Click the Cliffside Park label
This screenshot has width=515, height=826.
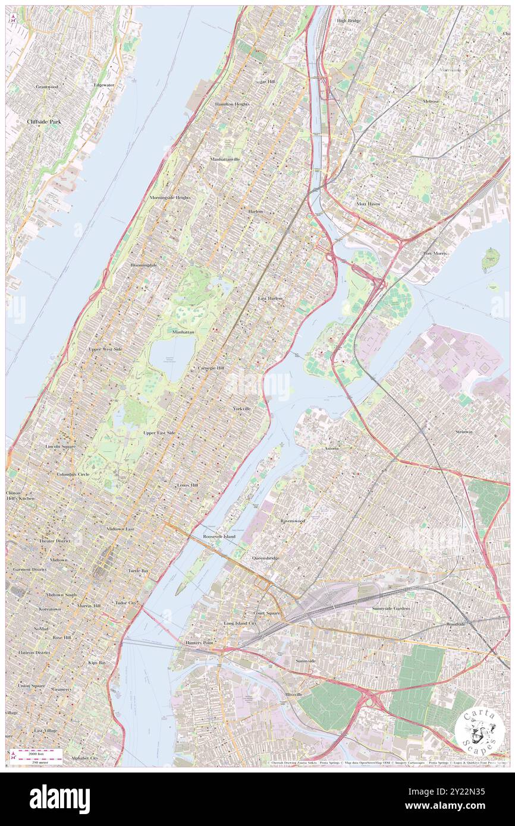44,121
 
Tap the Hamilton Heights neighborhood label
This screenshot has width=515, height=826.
232,104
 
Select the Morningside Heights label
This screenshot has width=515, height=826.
169,197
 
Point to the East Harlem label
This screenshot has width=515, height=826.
270,298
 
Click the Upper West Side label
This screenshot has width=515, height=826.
105,349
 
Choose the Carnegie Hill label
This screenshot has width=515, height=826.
211,368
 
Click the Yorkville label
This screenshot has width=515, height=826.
241,409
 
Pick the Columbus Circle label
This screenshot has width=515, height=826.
73,474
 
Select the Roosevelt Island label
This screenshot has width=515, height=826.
219,536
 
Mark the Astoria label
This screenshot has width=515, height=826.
331,448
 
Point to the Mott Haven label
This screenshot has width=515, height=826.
368,204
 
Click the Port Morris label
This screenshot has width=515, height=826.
435,253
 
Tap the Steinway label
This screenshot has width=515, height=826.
464,431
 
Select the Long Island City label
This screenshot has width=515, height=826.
240,623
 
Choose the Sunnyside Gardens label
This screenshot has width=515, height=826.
391,609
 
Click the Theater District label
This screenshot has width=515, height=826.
55,541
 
